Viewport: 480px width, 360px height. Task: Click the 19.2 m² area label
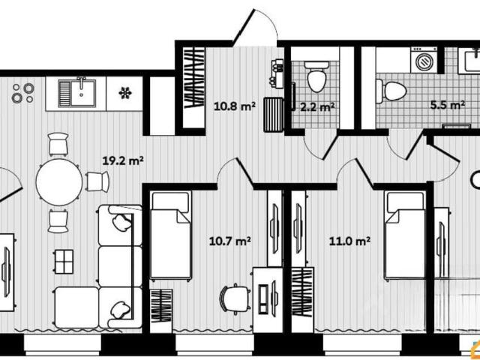[123, 160]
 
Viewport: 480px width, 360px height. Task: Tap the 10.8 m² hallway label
[235, 106]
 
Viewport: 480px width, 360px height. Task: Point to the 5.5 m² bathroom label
[448, 105]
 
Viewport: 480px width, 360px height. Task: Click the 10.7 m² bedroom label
[230, 241]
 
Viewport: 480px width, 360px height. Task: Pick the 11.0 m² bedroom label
[349, 241]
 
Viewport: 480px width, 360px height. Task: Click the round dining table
[59, 181]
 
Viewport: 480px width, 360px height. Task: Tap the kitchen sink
[77, 93]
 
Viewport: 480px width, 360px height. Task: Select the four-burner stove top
[23, 93]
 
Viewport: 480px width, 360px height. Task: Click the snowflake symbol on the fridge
[125, 93]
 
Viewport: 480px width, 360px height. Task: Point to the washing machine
[424, 60]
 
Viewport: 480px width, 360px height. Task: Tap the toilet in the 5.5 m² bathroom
[391, 91]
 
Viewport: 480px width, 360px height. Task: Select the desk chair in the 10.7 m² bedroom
[234, 298]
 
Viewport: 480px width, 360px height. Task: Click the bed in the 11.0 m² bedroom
[405, 235]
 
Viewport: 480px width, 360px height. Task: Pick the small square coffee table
[64, 262]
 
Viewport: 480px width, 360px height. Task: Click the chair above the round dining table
[58, 144]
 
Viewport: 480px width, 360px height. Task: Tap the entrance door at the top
[255, 28]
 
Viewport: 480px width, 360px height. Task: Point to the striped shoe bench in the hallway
[274, 115]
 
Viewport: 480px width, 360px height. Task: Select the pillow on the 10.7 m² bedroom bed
[170, 202]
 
